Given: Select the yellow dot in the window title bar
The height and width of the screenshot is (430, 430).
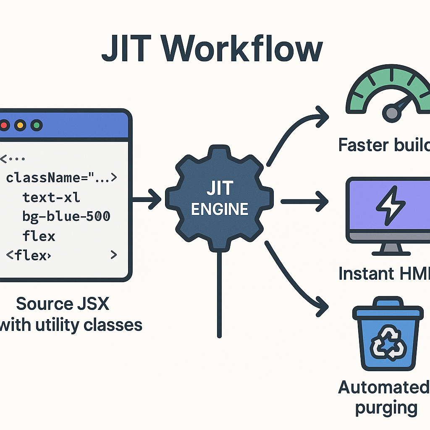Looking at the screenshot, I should click(20, 125).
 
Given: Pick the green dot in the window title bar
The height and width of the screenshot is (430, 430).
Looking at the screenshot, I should click(37, 125).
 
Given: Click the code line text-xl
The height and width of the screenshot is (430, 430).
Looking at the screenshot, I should click(51, 197).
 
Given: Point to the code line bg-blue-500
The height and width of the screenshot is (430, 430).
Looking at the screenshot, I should click(66, 216).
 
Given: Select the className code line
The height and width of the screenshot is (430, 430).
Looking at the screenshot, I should click(61, 178).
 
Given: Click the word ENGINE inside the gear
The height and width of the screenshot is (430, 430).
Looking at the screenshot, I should click(219, 209).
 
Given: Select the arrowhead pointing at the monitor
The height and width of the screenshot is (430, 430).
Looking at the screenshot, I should click(322, 202).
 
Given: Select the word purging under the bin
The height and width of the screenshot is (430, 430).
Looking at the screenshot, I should click(385, 408).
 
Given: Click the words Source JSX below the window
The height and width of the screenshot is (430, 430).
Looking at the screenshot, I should click(62, 303).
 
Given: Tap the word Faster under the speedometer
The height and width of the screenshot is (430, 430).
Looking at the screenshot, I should click(364, 145).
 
